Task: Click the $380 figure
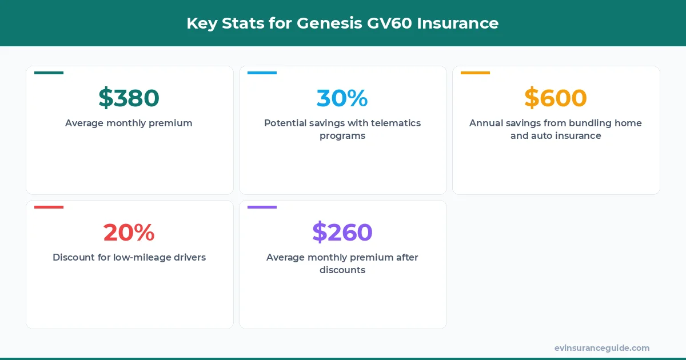click(129, 98)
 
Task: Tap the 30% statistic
click(342, 98)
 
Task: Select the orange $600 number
click(555, 98)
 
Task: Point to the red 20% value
click(129, 233)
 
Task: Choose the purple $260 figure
click(342, 233)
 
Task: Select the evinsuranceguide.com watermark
click(601, 348)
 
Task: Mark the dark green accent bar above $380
click(49, 73)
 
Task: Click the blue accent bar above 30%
click(262, 73)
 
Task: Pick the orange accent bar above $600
click(475, 73)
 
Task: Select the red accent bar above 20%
click(49, 207)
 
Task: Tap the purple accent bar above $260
click(262, 207)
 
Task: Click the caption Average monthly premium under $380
click(129, 123)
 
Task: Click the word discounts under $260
click(342, 270)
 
